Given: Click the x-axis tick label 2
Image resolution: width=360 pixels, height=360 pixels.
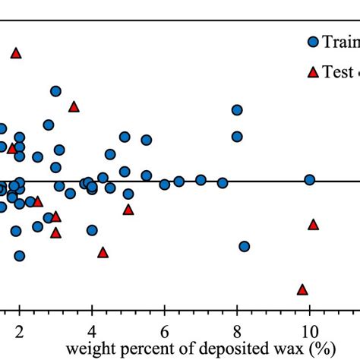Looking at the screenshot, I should coord(19,330).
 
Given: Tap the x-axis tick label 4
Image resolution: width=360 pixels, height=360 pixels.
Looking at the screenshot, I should coord(92,330).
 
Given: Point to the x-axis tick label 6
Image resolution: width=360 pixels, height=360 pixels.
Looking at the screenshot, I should coord(164,330).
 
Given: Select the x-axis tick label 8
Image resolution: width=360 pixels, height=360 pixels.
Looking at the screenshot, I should coord(237,330).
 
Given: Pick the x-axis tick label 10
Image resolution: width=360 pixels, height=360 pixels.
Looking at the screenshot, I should coord(309,330).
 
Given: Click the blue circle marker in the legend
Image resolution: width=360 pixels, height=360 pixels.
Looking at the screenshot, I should coord(312,43).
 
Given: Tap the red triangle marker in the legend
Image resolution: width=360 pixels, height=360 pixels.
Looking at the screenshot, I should coord(312,72).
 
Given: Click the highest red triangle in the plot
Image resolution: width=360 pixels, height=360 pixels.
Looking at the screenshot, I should coord(16,53).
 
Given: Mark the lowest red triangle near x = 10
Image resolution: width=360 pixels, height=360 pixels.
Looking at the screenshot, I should coord(302,289).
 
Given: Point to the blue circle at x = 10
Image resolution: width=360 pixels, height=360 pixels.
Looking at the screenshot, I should coord(310,180).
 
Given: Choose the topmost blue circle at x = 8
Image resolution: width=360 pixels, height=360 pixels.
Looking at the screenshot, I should coord(237,110).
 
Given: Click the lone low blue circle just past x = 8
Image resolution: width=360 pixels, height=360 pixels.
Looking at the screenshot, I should coord(245,246).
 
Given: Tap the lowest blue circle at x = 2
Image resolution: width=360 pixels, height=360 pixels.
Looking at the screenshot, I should coord(19,256).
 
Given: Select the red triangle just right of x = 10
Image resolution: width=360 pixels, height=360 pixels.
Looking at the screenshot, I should coord(313,224).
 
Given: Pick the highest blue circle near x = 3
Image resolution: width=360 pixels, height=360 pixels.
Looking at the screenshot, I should coord(55,91).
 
